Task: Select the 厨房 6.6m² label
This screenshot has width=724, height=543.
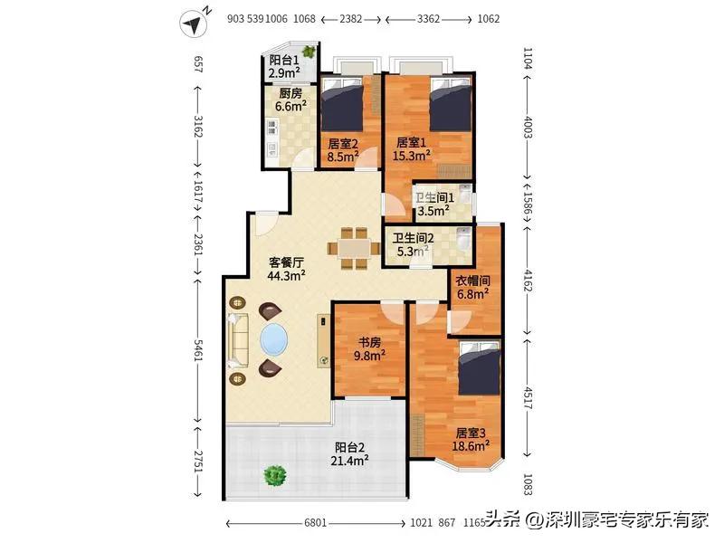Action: click(x=291, y=100)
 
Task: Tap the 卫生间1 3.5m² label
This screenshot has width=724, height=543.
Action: click(x=433, y=207)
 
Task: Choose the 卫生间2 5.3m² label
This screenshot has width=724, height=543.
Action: click(x=410, y=246)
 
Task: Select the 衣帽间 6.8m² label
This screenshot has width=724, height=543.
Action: click(x=472, y=287)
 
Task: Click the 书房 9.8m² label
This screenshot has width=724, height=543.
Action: click(x=370, y=349)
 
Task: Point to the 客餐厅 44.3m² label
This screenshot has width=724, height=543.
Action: click(x=286, y=269)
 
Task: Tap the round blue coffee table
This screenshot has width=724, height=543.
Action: click(x=273, y=341)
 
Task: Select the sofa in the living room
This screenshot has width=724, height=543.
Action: click(x=239, y=339)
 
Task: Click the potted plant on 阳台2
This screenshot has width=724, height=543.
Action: click(x=272, y=473)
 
